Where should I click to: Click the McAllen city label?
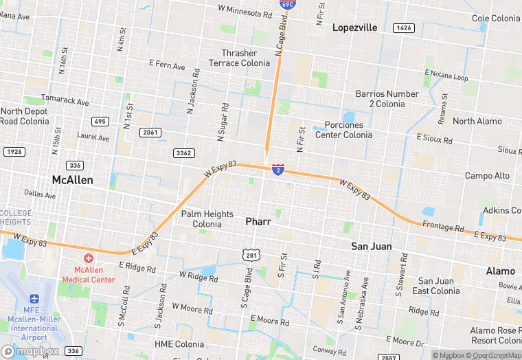tap(72, 180)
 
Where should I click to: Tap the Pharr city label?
tap(258, 222)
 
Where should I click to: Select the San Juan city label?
tap(371, 246)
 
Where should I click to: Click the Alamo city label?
tap(500, 271)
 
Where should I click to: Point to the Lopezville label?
tap(354, 27)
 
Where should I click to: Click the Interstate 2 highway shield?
tap(277, 168)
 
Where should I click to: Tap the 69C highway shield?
tap(288, 4)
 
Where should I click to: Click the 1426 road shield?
tap(403, 28)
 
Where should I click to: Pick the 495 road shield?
tap(100, 122)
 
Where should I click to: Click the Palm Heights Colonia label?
tap(207, 219)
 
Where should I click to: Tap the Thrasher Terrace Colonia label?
tap(240, 58)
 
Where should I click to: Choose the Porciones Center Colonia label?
tap(343, 130)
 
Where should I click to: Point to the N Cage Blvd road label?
tap(280, 38)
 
